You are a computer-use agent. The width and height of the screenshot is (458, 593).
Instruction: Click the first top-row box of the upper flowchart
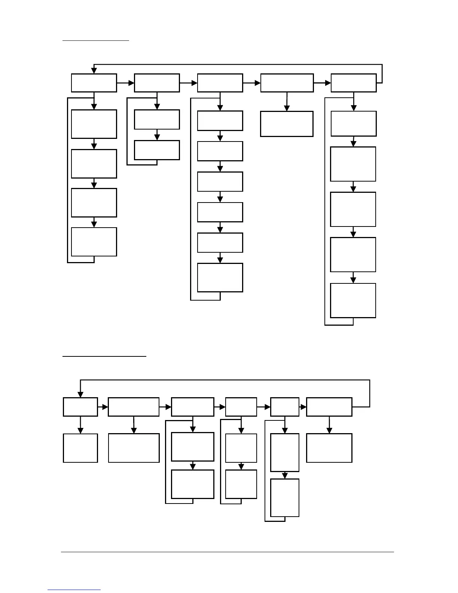point(94,83)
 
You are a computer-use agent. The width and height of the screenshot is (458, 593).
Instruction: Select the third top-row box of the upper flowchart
point(220,83)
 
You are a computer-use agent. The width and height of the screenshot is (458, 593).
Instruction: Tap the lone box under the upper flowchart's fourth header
point(287,124)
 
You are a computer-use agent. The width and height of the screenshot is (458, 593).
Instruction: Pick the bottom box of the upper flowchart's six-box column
point(220,277)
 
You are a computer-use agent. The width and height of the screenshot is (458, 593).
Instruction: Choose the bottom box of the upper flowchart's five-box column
point(353,301)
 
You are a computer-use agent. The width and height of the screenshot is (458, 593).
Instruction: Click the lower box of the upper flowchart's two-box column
point(157,150)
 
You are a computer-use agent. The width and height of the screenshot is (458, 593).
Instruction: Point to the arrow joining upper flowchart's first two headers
point(125,83)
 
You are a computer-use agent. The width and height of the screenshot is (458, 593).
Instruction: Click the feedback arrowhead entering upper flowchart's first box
point(94,70)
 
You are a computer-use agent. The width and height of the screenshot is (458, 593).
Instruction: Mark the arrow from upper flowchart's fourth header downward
point(287,101)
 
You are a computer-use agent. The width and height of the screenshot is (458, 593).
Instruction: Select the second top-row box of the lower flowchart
point(134,407)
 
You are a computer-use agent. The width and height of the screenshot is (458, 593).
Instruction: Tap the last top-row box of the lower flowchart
point(329,407)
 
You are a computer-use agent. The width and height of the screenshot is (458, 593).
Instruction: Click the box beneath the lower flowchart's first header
point(80,448)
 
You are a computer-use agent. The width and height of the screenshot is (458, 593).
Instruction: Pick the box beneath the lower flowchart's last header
point(329,448)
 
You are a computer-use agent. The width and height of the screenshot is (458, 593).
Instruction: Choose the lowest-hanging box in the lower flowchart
point(285,498)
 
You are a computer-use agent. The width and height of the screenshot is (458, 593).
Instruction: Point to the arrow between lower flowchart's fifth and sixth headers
point(303,407)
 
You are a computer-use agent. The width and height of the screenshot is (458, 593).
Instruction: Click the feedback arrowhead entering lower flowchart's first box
point(80,394)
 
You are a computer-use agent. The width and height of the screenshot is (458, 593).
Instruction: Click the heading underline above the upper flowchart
point(95,40)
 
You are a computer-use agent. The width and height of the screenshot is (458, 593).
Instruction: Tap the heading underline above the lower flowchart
point(104,356)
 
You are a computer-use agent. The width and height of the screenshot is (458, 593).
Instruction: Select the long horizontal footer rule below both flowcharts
point(228,552)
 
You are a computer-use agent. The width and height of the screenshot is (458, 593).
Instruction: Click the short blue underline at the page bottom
point(74,590)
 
